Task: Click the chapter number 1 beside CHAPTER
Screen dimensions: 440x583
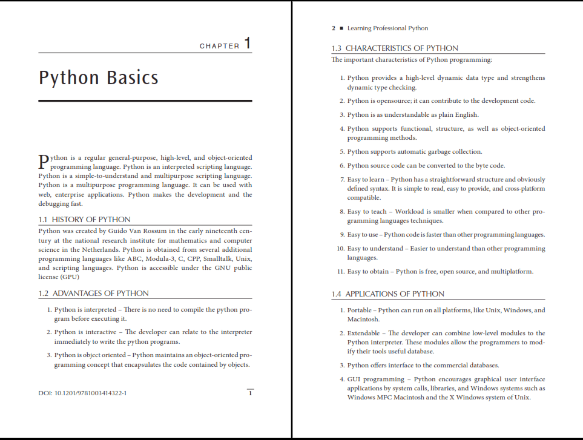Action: (247, 44)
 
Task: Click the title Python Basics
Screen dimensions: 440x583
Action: (99, 78)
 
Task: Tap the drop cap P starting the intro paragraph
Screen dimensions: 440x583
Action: (43, 161)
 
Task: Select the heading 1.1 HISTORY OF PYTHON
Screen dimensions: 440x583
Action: (84, 219)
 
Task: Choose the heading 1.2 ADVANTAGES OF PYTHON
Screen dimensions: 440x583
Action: (93, 293)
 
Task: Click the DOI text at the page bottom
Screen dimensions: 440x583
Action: (82, 393)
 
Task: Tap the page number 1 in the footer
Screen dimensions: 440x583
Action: (250, 393)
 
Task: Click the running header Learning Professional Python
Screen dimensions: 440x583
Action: (387, 28)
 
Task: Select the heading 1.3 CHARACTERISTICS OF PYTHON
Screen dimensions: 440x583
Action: (395, 48)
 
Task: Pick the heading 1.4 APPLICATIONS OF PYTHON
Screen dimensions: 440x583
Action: (387, 294)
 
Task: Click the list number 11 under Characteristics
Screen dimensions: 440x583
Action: (341, 271)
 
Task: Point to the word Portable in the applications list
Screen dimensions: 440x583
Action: (360, 310)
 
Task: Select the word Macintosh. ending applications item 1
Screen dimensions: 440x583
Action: (363, 319)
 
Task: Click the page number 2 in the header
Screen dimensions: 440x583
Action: (334, 28)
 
